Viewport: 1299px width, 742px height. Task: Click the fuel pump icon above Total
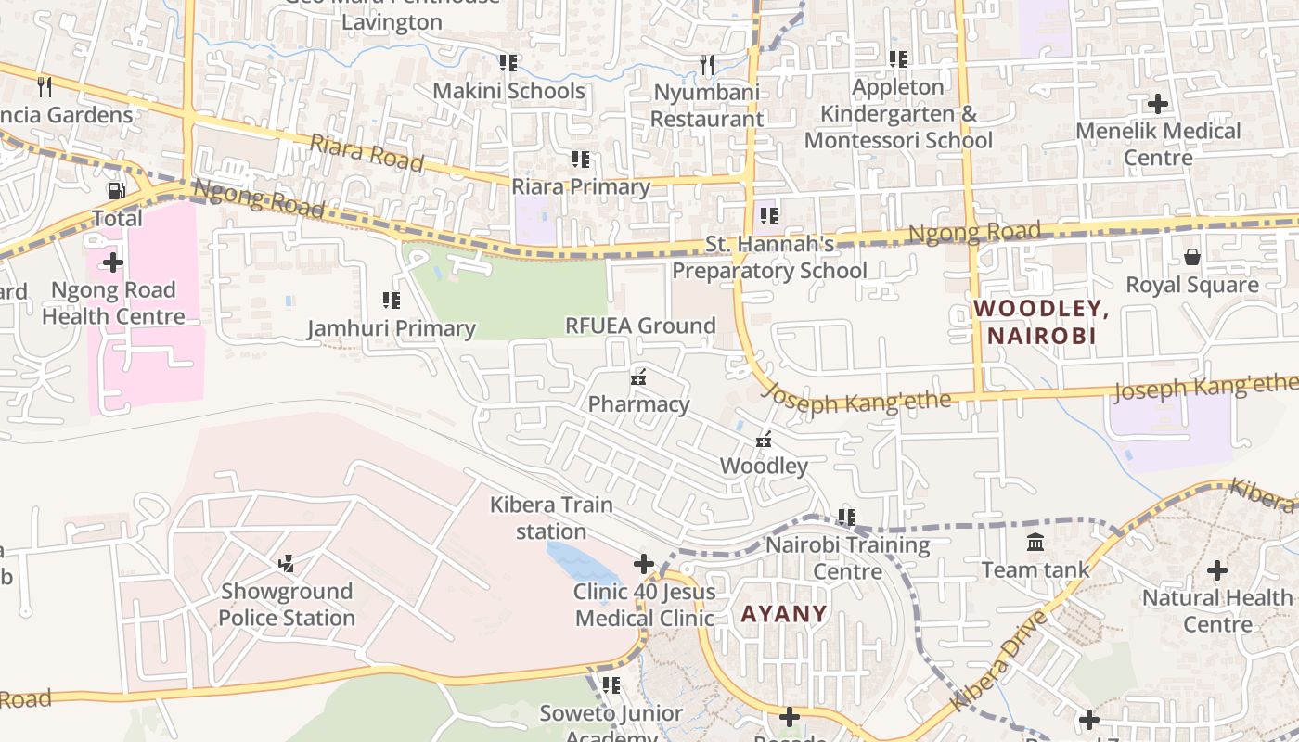pos(116,191)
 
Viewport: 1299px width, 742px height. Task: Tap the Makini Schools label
pos(509,91)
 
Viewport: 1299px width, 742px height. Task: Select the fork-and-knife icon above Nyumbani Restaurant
pos(707,64)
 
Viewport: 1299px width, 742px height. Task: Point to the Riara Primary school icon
pos(581,160)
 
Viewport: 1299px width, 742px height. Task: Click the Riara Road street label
pos(367,153)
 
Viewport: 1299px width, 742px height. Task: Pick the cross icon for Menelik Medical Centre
pos(1158,103)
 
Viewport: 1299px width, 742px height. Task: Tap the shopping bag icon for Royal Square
pos(1192,257)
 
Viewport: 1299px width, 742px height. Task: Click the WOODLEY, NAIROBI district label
pos(1041,322)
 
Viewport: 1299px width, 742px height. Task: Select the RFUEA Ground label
pos(641,326)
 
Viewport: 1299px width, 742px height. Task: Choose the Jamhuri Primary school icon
pos(392,301)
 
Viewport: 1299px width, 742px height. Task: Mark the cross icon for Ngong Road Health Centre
pos(113,262)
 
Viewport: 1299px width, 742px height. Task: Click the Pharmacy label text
pos(639,404)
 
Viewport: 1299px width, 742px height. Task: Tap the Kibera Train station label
pos(551,518)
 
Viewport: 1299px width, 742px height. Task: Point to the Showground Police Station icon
pos(287,563)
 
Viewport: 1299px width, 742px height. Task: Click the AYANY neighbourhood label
pos(784,613)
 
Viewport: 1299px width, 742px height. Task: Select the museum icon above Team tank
pos(1035,542)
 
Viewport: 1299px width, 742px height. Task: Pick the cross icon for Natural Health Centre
pos(1217,569)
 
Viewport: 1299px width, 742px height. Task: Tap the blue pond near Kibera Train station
pos(579,562)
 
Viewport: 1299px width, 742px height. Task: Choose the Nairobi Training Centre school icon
pos(847,517)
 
